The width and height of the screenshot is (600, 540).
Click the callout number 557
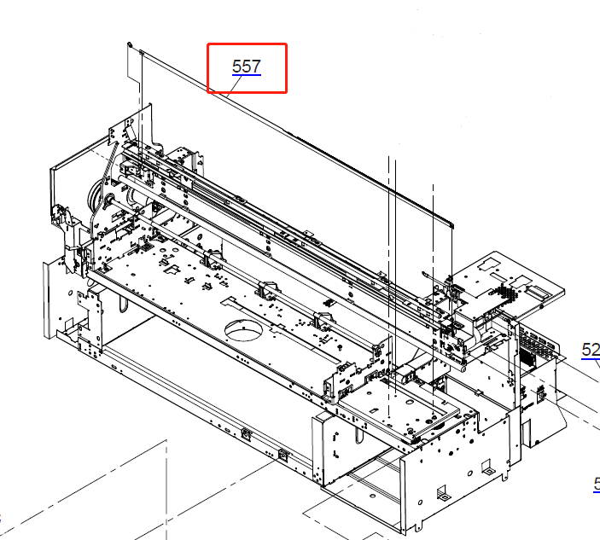246,67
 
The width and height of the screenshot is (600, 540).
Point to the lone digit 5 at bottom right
597,484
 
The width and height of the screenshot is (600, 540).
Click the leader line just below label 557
246,77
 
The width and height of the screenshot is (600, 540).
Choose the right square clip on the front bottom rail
283,452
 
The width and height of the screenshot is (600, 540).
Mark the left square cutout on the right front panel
444,493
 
